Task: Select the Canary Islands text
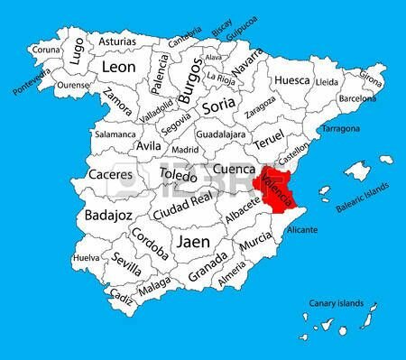(335, 303)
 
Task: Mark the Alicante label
(300, 231)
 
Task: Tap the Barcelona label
(357, 97)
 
